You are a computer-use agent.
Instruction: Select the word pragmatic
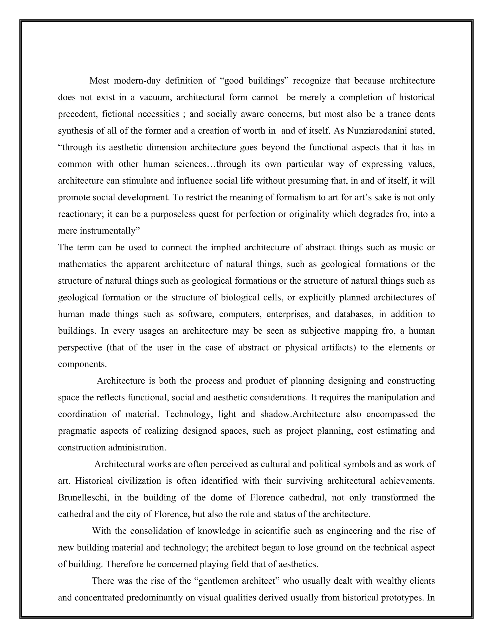pos(77,431)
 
